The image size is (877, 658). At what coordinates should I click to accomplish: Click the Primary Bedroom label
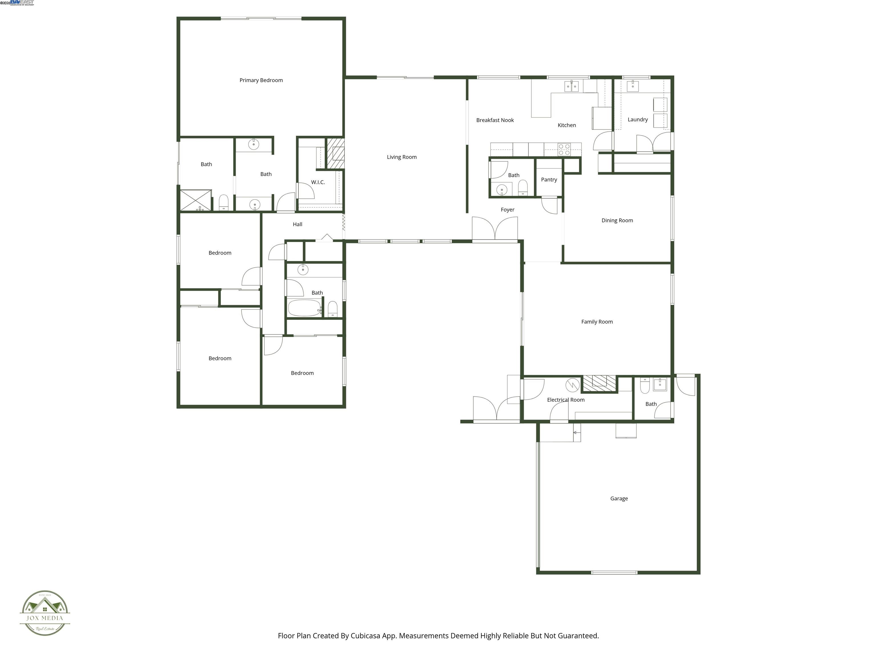tap(261, 80)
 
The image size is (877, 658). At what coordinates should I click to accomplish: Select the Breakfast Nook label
tap(494, 120)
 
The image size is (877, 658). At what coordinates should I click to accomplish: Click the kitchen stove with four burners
tap(564, 150)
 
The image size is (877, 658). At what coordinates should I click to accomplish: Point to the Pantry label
tap(549, 180)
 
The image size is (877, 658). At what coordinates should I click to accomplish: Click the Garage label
tap(619, 499)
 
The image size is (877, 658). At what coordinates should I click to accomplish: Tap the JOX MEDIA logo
tap(45, 613)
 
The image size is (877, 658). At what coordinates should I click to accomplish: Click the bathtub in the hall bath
tap(304, 308)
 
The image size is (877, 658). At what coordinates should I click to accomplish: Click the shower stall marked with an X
tap(196, 200)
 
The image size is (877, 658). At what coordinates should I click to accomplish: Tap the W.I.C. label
tap(317, 182)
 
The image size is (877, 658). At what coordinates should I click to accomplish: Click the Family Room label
tap(597, 322)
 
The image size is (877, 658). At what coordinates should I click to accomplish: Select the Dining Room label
tap(617, 220)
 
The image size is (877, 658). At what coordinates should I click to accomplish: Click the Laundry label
tap(637, 119)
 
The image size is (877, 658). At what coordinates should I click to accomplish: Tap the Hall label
tap(297, 224)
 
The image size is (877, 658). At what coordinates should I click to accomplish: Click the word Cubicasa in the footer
tap(365, 636)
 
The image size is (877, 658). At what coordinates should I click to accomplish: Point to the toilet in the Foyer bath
tap(522, 188)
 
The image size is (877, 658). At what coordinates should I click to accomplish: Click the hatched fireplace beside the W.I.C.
tap(335, 153)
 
